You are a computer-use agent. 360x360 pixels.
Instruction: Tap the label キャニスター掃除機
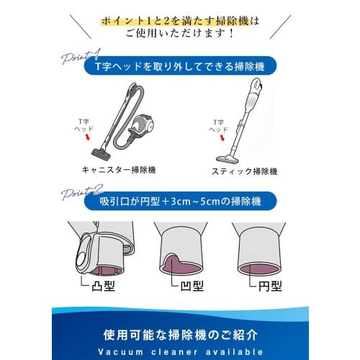120,171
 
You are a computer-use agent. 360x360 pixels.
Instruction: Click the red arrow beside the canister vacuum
89,135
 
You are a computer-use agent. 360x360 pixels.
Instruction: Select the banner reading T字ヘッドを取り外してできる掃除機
179,66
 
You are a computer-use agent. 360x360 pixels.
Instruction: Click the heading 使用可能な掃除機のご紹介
180,335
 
